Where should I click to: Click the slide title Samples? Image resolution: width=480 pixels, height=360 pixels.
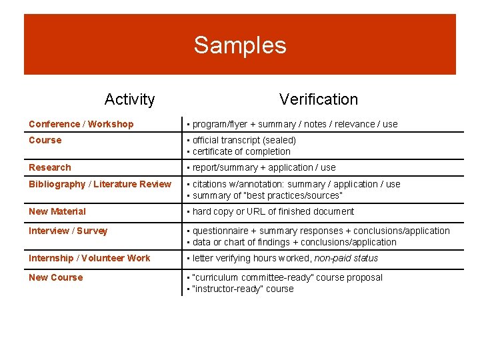click(240, 45)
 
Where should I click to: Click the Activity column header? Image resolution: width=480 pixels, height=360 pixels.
click(129, 99)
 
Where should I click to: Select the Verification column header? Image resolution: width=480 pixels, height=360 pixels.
click(318, 99)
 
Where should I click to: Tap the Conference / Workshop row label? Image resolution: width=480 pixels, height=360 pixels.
click(81, 124)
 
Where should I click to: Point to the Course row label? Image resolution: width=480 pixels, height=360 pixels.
click(45, 140)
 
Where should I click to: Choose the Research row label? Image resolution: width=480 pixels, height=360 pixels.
click(49, 167)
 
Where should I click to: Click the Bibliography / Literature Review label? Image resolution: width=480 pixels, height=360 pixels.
click(99, 184)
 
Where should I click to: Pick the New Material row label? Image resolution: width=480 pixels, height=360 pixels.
click(57, 211)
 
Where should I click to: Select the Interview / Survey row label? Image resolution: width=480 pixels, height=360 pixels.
click(67, 231)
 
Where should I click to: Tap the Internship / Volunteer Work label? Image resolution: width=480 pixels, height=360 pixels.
click(89, 258)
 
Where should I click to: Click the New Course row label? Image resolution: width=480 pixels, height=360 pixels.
click(55, 277)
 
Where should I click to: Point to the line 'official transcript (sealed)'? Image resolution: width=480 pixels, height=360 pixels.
click(244, 140)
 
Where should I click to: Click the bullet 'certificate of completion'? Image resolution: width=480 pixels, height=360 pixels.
click(241, 151)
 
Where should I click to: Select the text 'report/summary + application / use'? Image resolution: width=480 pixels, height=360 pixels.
click(264, 167)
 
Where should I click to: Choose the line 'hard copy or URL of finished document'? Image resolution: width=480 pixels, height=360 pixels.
click(273, 211)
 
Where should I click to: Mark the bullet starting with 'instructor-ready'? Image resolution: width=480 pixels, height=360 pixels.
click(243, 289)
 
